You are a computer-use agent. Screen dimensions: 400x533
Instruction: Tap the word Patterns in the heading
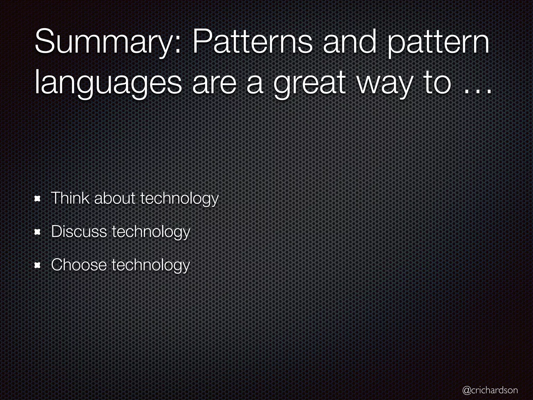pyautogui.click(x=252, y=42)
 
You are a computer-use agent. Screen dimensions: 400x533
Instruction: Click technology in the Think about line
pyautogui.click(x=179, y=199)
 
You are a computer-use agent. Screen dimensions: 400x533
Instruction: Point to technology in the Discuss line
pyautogui.click(x=151, y=232)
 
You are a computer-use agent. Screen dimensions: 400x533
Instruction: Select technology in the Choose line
pyautogui.click(x=151, y=265)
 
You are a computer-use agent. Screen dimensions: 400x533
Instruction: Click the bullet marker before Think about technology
pyautogui.click(x=38, y=199)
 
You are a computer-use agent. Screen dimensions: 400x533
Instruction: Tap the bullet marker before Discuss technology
pyautogui.click(x=38, y=233)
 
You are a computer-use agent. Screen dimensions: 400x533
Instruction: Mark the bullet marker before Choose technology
pyautogui.click(x=38, y=266)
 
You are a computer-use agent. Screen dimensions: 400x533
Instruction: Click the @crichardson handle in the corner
pyautogui.click(x=490, y=390)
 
